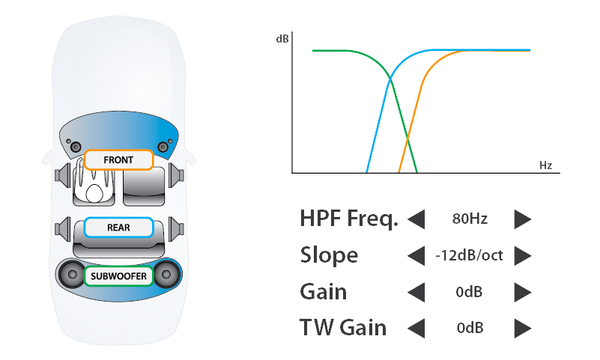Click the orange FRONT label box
[x=118, y=159]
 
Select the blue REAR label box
[x=118, y=228]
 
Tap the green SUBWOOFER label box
[x=118, y=276]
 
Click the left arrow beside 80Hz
[x=416, y=219]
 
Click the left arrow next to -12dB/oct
[x=416, y=255]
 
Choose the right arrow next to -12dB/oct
[x=523, y=255]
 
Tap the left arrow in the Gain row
[x=416, y=292]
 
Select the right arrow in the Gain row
[x=523, y=292]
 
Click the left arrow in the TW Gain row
[x=416, y=328]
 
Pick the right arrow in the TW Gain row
[x=523, y=328]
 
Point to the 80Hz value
[x=470, y=219]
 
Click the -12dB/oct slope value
[x=469, y=255]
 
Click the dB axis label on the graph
[x=282, y=39]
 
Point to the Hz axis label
[x=545, y=165]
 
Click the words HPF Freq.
[x=349, y=219]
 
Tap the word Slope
[x=329, y=254]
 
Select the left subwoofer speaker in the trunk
[x=73, y=275]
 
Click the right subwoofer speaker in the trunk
[x=166, y=275]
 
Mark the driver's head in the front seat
[x=94, y=193]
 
